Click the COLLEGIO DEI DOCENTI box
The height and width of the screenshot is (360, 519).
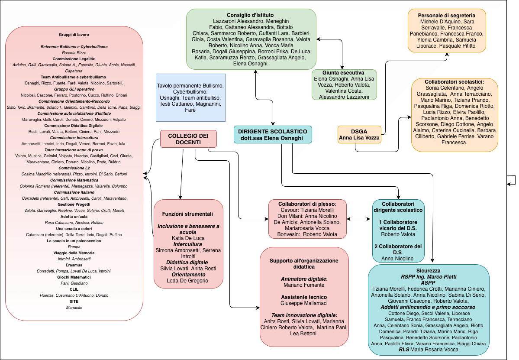point(188,139)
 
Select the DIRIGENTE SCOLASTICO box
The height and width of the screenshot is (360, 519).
point(272,135)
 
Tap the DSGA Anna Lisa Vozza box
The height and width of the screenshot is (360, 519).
point(359,134)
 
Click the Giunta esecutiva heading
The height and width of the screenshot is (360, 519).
point(343,73)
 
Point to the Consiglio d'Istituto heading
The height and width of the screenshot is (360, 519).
point(251,15)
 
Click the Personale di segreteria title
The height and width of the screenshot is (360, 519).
point(447,15)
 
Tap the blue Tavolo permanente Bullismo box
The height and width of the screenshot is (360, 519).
point(190,98)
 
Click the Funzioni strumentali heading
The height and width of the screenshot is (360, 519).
point(187,214)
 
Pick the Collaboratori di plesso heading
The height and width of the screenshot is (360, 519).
point(307,203)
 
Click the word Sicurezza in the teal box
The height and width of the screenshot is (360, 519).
point(428,270)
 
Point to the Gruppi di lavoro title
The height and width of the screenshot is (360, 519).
point(74,34)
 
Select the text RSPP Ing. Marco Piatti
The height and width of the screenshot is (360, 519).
point(428,276)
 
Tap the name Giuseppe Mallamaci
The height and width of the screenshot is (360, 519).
point(304,304)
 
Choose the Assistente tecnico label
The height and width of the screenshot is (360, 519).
point(304,298)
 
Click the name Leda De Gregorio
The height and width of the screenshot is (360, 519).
point(187,281)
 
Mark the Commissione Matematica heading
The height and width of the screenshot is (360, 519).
point(74,180)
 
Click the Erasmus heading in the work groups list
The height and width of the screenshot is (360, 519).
point(74,265)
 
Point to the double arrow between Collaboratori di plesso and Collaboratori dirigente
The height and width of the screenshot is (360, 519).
point(359,219)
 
